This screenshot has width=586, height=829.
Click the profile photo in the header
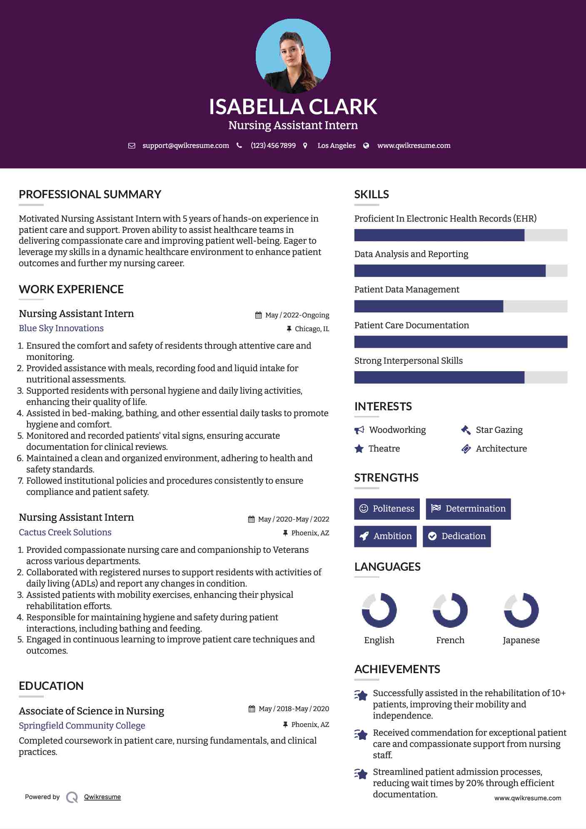(x=293, y=56)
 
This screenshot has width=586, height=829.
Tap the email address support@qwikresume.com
(x=185, y=146)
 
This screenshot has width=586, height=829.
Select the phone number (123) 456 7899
(x=273, y=146)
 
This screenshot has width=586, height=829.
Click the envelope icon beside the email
(x=132, y=146)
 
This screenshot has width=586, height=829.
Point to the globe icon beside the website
(x=366, y=146)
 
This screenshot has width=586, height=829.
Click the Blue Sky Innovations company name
(x=61, y=328)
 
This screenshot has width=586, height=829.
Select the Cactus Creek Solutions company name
(x=65, y=532)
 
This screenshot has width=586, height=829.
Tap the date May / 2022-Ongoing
(x=297, y=315)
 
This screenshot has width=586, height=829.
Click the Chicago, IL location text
(x=312, y=329)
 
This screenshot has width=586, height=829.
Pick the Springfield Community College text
(x=82, y=726)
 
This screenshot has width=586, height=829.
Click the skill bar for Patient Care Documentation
(x=461, y=342)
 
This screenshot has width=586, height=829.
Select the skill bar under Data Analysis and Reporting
(x=461, y=271)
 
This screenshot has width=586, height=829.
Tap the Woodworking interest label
(x=397, y=430)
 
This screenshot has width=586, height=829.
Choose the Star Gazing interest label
(x=499, y=430)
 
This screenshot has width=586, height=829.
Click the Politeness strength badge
(x=387, y=509)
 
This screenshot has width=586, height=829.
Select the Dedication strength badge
(x=456, y=536)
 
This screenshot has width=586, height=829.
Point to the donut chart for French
(x=450, y=610)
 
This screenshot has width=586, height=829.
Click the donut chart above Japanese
(x=521, y=610)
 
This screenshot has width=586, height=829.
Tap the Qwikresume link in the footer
(x=102, y=797)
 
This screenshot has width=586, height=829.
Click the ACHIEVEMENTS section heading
(x=397, y=669)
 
